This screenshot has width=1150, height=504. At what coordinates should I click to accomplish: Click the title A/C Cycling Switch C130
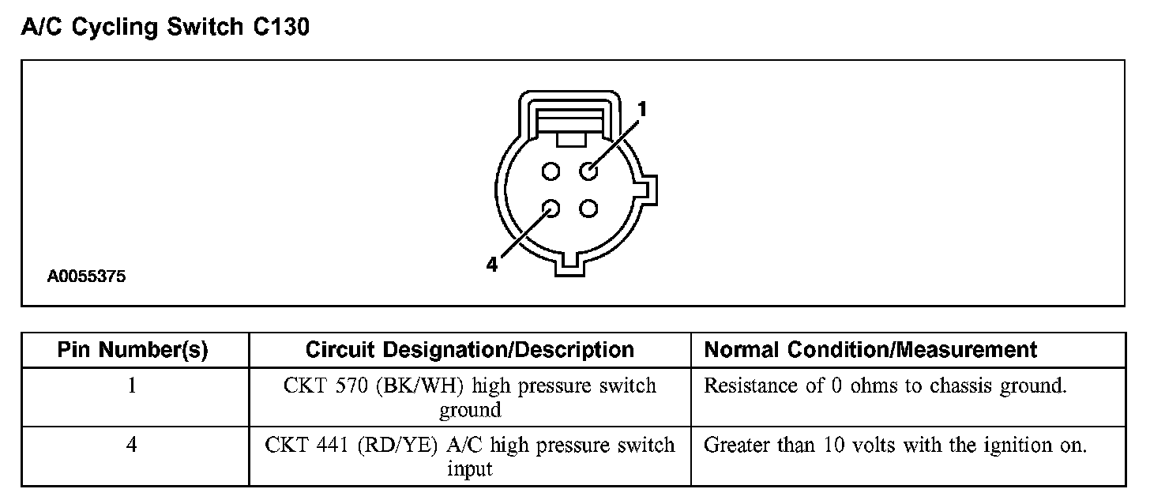[164, 28]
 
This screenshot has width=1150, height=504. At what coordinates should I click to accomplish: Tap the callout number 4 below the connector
[492, 265]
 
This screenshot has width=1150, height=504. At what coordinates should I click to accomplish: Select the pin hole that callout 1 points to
[588, 171]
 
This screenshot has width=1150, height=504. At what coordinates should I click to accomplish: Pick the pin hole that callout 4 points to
[551, 209]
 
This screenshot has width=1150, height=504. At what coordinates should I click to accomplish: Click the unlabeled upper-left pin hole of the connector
[551, 171]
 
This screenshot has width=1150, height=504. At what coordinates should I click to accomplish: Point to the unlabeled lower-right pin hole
[588, 209]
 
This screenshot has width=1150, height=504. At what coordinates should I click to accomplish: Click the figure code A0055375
[86, 277]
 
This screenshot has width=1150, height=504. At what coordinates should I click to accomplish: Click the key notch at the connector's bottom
[570, 265]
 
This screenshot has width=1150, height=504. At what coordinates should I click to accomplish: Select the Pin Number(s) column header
[133, 350]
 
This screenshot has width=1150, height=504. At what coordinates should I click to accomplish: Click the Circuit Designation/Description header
[469, 350]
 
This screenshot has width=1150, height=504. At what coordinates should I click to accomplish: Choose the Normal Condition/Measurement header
[870, 350]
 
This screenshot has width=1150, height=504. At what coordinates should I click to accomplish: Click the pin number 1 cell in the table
[133, 386]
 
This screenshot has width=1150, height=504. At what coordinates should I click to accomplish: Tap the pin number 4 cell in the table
[133, 446]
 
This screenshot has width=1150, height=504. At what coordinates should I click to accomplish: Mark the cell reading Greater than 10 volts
[895, 446]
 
